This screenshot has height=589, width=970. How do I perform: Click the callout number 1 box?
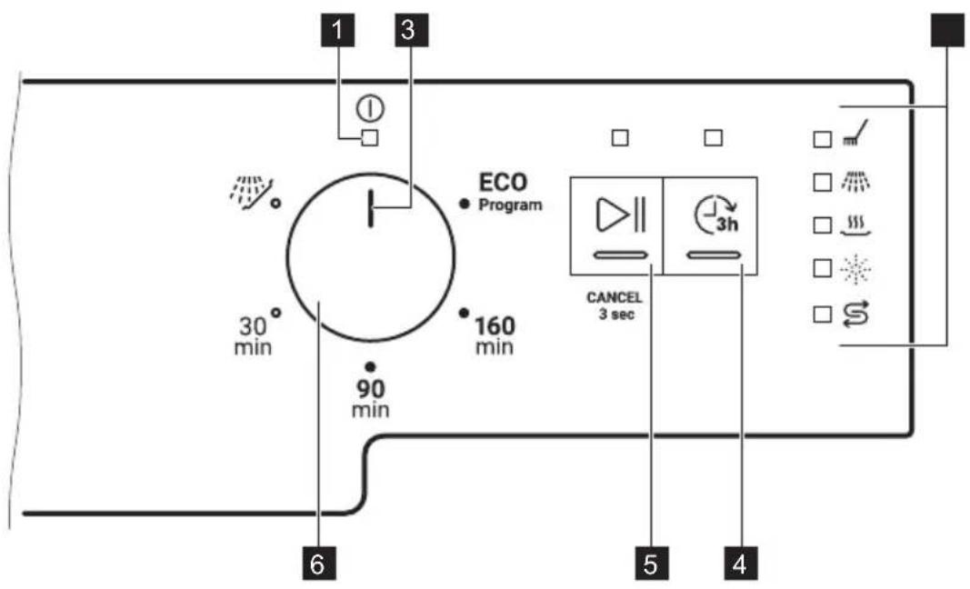tap(338, 30)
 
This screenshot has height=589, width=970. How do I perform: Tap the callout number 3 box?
tap(412, 30)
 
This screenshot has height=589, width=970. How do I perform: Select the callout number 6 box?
tap(318, 563)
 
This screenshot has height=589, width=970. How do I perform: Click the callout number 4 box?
tap(740, 563)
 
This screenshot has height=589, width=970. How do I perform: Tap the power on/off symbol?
tap(370, 109)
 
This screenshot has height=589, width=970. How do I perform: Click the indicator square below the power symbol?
tap(370, 138)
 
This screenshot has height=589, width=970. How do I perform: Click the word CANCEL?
tap(615, 297)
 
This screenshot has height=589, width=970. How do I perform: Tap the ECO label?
tap(504, 183)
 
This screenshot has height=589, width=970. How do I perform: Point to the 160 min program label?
tap(495, 336)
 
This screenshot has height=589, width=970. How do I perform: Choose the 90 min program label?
tap(371, 398)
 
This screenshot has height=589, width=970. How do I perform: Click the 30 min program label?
tap(253, 336)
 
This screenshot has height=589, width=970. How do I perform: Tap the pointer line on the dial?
tap(371, 208)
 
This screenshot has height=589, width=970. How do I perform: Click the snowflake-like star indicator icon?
tap(856, 268)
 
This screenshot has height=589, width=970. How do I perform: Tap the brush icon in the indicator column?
tap(855, 133)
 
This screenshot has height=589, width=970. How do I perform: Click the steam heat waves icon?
tap(856, 225)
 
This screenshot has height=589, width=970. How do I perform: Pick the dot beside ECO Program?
tap(465, 204)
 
